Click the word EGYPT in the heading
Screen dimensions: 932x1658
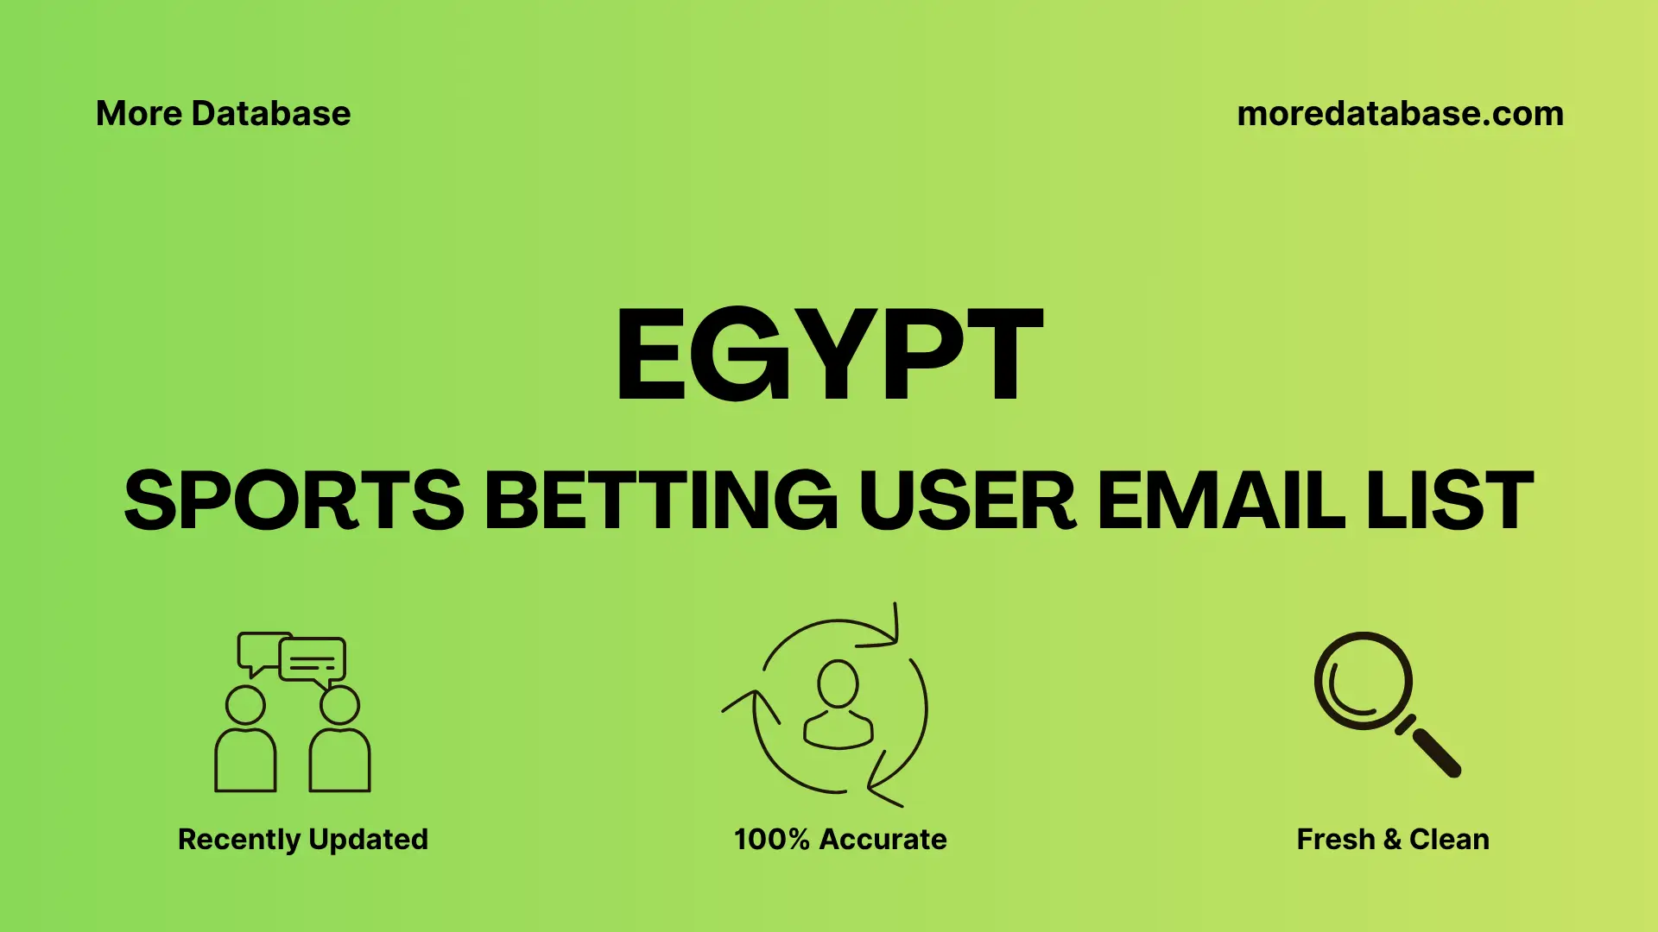[x=829, y=355]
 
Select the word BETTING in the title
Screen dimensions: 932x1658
[x=661, y=501]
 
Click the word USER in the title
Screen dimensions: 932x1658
[x=967, y=501]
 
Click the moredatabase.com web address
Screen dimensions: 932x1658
[x=1400, y=114]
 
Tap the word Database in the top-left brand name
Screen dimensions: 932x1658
[x=271, y=114]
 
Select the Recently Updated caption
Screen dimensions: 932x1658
[x=302, y=840]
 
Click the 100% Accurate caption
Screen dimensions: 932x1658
[x=839, y=840]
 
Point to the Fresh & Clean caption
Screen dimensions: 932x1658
[x=1392, y=840]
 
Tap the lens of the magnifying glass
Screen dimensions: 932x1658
[x=1363, y=681]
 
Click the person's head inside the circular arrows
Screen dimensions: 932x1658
[x=838, y=684]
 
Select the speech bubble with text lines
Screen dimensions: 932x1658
[x=313, y=660]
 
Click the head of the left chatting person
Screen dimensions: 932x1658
[x=245, y=705]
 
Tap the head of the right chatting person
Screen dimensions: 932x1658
[x=339, y=705]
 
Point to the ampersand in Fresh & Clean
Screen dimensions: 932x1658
[x=1391, y=840]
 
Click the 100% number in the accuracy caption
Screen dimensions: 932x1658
[x=771, y=840]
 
